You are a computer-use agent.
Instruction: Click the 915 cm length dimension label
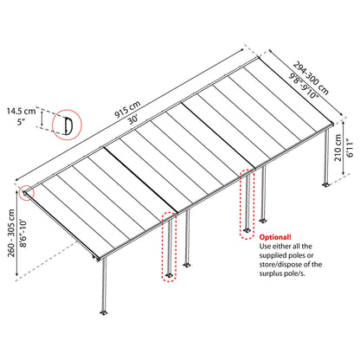(x=128, y=109)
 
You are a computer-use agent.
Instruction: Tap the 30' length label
(x=133, y=119)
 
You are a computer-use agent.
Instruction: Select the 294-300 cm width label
(x=311, y=77)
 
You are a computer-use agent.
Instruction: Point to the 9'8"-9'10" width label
(x=304, y=86)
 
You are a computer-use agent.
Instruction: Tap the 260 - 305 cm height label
(x=11, y=233)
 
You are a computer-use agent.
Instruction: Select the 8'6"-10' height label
(x=22, y=233)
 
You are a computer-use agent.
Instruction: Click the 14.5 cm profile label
(x=22, y=111)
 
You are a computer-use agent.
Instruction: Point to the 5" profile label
(x=20, y=122)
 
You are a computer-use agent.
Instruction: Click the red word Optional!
(x=275, y=237)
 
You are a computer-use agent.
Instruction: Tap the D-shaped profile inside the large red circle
(x=67, y=125)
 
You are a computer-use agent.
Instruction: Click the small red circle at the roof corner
(x=27, y=193)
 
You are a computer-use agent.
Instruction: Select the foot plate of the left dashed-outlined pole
(x=169, y=275)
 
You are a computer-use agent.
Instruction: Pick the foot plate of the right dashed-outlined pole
(x=247, y=231)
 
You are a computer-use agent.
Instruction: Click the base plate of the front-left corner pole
(x=104, y=312)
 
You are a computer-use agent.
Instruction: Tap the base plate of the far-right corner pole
(x=326, y=184)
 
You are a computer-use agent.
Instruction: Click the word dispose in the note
(x=298, y=265)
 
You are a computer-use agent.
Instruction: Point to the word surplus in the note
(x=271, y=273)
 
